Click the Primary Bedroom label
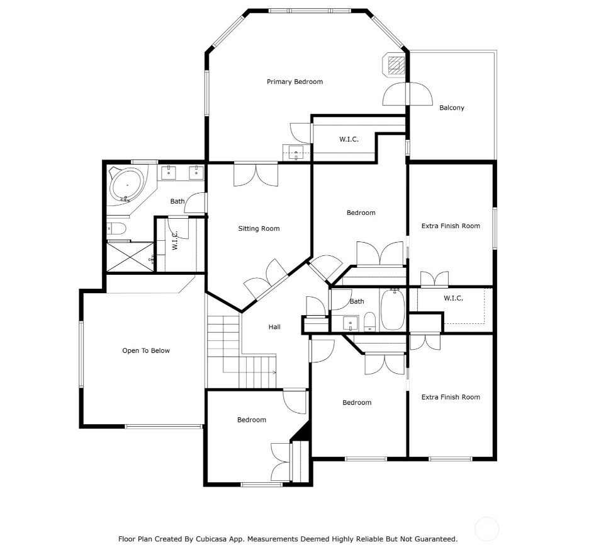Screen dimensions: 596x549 coord(295,82)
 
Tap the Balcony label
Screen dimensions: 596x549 coord(451,108)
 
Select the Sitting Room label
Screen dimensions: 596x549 coord(259,228)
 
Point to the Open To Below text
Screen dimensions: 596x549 coord(146,350)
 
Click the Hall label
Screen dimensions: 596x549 coord(274,327)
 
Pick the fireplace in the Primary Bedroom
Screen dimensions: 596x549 coord(394,65)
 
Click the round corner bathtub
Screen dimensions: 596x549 coord(127,185)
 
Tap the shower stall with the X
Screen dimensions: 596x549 coord(130,257)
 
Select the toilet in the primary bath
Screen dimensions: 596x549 coord(116,228)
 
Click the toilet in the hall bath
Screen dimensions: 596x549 coord(369,322)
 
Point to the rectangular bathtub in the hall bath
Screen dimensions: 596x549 coord(393,309)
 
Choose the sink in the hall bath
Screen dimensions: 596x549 coord(351,323)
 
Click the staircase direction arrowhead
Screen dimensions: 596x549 coord(274,373)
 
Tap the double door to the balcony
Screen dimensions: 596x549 coord(407,94)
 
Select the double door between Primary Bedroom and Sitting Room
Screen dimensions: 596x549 coord(256,175)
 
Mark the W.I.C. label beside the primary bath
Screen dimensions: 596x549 coord(175,240)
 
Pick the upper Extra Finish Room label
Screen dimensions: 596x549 coord(451,226)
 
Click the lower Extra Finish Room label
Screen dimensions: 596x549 coord(451,397)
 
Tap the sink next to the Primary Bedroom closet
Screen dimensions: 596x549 coord(296,153)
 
